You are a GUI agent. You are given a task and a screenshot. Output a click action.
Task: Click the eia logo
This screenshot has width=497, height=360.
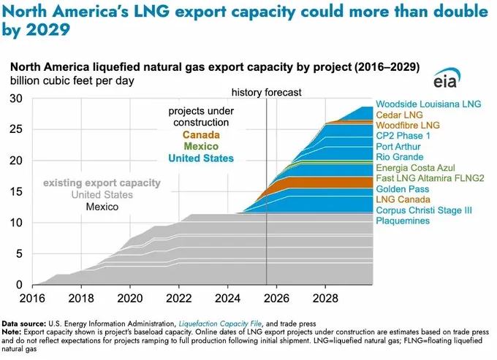[447, 78]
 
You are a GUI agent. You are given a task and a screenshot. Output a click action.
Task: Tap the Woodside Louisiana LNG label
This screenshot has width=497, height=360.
[428, 104]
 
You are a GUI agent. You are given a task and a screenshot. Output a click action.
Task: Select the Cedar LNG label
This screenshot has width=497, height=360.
[399, 115]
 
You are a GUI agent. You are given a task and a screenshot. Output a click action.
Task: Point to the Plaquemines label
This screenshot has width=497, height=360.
[403, 221]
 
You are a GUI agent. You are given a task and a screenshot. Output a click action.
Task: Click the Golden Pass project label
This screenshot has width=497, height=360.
[402, 189]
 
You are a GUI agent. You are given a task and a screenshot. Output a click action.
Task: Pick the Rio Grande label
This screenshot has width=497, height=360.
[399, 157]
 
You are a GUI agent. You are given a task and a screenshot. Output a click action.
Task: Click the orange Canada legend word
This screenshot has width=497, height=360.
[201, 135]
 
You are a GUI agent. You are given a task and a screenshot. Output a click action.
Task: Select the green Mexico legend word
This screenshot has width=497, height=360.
[201, 146]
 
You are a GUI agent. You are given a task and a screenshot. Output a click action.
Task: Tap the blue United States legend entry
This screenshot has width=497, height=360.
[201, 158]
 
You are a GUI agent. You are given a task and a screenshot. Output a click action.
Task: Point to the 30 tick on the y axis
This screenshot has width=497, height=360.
[16, 99]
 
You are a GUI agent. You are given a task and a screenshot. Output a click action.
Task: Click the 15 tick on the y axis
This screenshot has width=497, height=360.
[16, 191]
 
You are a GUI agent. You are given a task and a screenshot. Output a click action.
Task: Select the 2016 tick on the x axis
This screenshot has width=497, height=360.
[32, 298]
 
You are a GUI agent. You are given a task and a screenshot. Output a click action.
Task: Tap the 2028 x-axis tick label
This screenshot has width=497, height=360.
[325, 298]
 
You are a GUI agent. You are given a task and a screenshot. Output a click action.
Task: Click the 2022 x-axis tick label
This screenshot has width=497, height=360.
[179, 298]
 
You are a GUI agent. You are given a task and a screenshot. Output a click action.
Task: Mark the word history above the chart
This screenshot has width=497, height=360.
[247, 93]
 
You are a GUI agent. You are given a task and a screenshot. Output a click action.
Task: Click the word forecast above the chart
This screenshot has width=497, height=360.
[283, 93]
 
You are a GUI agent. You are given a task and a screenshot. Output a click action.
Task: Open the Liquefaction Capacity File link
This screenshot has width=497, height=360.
[220, 323]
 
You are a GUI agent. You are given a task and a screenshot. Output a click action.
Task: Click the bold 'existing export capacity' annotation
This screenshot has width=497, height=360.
[102, 183]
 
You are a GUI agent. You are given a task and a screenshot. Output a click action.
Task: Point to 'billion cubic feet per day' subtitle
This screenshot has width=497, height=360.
[72, 81]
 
